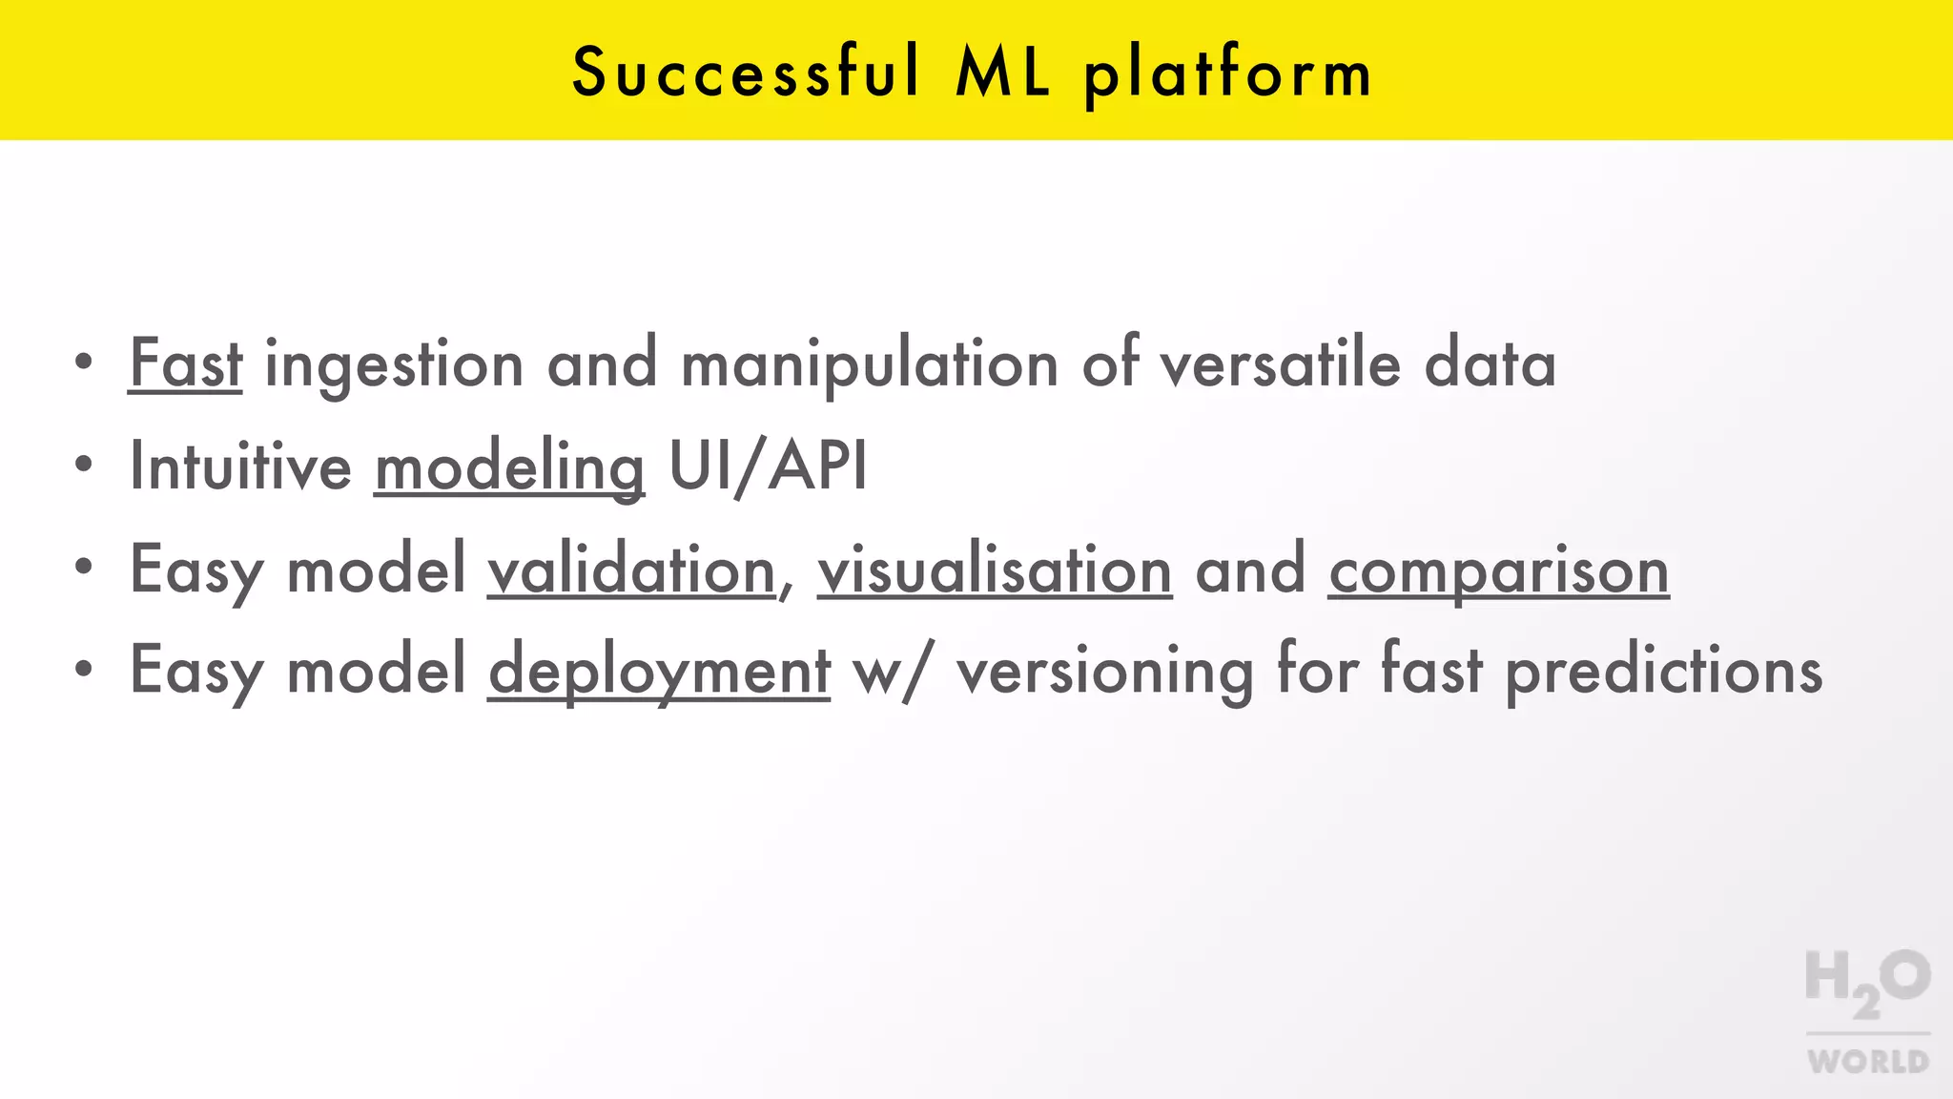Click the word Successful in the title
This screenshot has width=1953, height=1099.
pos(747,73)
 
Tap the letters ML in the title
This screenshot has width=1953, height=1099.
pos(1003,73)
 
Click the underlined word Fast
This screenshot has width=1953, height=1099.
pos(186,363)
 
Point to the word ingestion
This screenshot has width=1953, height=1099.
pos(394,365)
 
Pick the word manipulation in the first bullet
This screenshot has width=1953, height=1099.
pos(870,365)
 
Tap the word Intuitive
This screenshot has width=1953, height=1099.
pos(240,467)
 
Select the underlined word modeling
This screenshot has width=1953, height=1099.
pos(509,468)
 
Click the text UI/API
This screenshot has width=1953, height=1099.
pos(769,467)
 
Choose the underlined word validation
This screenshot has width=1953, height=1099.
pos(631,570)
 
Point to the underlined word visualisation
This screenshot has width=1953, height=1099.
pos(995,570)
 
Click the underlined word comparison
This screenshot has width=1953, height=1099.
pos(1498,571)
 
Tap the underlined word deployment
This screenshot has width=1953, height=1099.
pos(659,672)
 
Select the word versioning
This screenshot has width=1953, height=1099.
pos(1104,672)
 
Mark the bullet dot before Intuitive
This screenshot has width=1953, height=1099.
pos(84,465)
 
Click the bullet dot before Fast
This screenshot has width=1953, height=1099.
pos(84,362)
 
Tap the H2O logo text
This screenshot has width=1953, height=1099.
pos(1867,981)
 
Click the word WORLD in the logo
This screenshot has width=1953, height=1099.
pos(1867,1061)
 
